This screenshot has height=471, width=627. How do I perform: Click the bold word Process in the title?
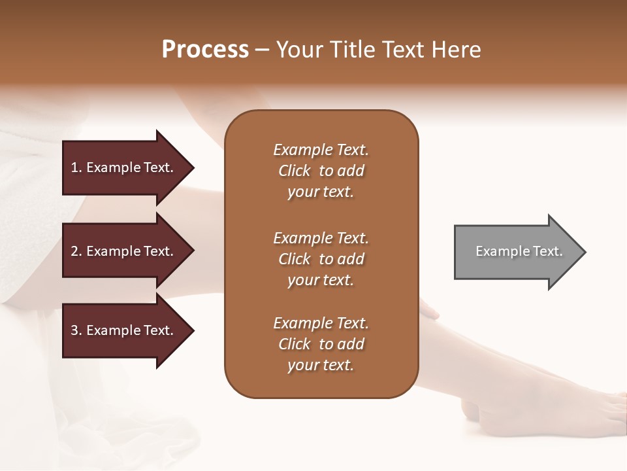[x=205, y=50]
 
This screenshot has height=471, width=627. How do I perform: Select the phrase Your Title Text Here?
[x=378, y=50]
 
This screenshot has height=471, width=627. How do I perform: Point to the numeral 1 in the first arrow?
[x=74, y=167]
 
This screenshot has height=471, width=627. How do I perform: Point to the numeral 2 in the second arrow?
[x=74, y=251]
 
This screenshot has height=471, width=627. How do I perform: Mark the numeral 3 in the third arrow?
[x=74, y=330]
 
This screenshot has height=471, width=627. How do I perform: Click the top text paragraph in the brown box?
[x=321, y=171]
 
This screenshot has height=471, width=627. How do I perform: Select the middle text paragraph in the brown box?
[x=321, y=259]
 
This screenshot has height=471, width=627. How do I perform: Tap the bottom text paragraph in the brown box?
[x=321, y=344]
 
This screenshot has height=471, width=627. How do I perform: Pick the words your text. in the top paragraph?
[x=321, y=192]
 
